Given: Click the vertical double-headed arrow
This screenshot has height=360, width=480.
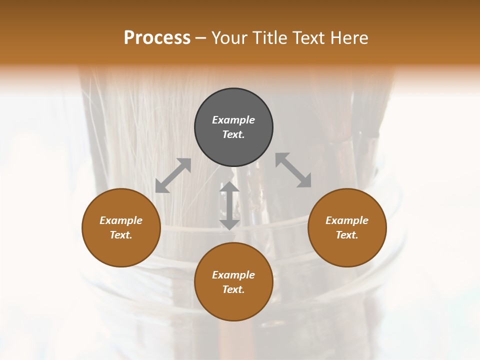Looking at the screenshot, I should coord(229,205).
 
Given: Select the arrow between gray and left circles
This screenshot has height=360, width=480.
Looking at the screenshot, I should coord(173,175).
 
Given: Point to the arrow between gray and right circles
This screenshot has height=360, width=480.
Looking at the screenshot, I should coord(293,170).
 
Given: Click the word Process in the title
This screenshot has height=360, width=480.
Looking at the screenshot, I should coord(157,38).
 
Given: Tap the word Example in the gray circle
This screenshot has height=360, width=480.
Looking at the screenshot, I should coord(233,120).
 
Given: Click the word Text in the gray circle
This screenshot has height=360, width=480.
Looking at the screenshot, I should coord(232,134).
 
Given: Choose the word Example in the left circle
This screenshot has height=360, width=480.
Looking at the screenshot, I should coord(121,220).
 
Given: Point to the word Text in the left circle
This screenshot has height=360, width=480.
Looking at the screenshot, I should coord(120,235).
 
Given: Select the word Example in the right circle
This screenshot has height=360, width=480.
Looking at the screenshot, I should coord(347,220).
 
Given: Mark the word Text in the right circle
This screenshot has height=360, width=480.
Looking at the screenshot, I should coord(346,235).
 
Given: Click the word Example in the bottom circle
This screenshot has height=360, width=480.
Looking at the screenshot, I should coord(233,275).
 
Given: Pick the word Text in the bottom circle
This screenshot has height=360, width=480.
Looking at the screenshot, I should coord(232,289).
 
